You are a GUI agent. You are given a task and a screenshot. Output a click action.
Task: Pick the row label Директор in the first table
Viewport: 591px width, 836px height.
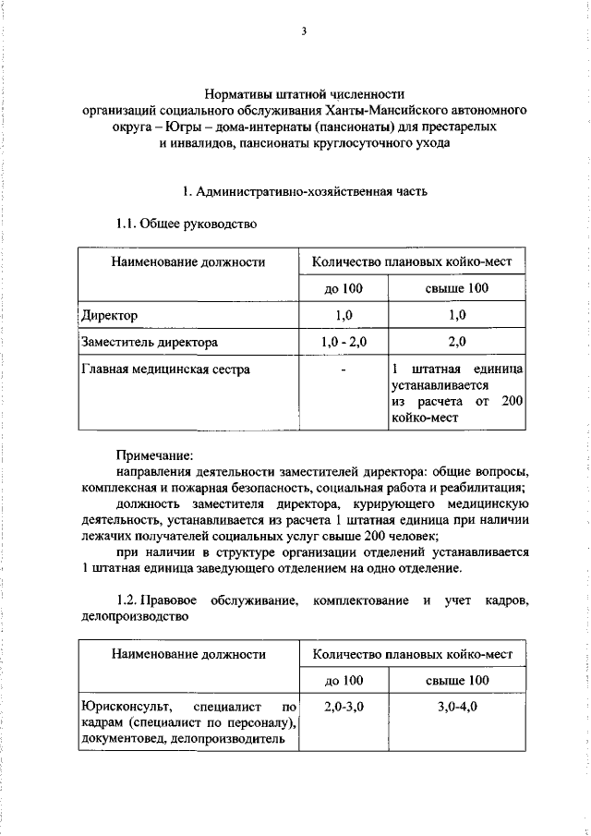(109, 315)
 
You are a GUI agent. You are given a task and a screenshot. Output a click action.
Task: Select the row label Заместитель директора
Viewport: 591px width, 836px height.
(150, 343)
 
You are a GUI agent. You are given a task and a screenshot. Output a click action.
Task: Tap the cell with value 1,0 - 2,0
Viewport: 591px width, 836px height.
(344, 343)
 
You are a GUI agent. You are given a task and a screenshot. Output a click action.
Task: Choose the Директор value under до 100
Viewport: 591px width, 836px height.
(344, 315)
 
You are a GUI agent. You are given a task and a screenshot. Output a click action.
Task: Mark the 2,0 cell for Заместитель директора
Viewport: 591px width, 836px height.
(456, 343)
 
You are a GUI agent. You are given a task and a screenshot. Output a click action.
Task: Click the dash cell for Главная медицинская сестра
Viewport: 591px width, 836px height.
(344, 370)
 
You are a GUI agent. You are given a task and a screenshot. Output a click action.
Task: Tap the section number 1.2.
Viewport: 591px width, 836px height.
(130, 601)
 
